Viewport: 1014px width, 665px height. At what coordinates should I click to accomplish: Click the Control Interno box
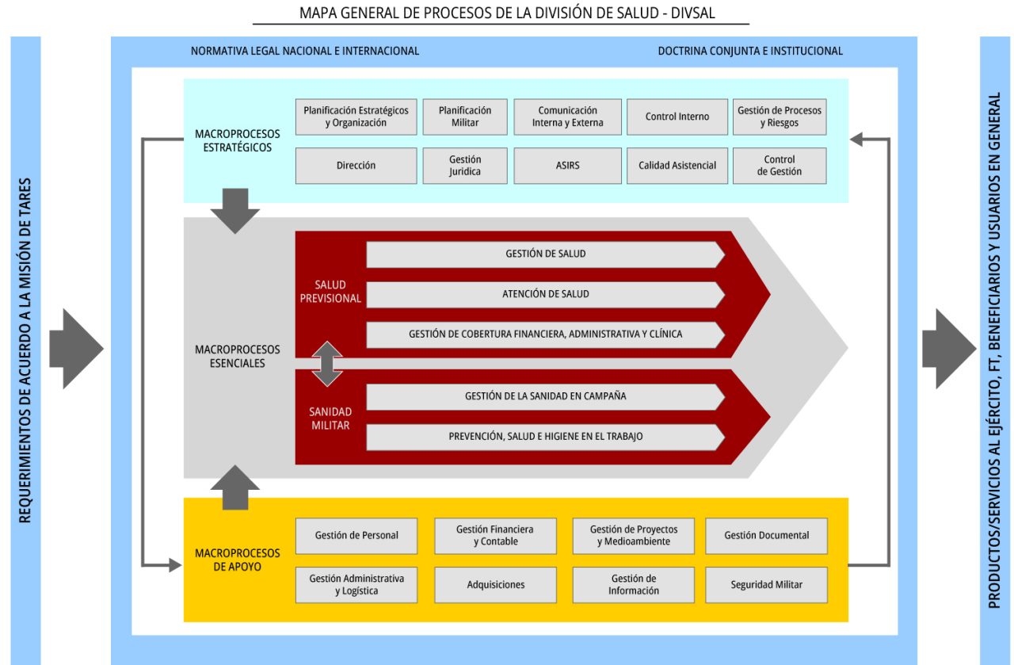[x=677, y=117]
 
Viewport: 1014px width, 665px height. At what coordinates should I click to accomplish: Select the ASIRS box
[x=567, y=166]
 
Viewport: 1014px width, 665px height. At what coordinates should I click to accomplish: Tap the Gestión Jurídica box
[x=464, y=166]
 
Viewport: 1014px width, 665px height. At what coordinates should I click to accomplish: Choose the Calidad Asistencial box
[x=677, y=166]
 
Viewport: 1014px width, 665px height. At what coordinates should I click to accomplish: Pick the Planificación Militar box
[x=464, y=117]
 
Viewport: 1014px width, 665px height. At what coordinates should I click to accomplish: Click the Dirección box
[x=356, y=166]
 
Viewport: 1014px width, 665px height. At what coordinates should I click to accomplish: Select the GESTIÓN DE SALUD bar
[x=545, y=254]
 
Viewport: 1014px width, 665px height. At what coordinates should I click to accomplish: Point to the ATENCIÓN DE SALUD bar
[x=545, y=294]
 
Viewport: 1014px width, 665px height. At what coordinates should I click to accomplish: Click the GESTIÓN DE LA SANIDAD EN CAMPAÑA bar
[x=545, y=396]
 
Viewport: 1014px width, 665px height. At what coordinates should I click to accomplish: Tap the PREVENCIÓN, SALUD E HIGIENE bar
[x=545, y=436]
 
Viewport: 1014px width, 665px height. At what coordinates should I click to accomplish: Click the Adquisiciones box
[x=496, y=585]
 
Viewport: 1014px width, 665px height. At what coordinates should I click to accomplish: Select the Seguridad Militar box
[x=766, y=585]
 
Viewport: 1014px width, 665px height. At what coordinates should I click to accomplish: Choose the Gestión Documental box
[x=766, y=536]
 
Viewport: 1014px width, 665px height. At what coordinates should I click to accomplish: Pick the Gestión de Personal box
[x=356, y=536]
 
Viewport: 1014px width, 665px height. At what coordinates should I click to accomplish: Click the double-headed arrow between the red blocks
[x=327, y=364]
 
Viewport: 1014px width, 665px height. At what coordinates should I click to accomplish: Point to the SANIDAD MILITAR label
[x=330, y=418]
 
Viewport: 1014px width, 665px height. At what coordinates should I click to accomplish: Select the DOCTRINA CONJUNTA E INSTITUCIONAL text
[x=750, y=51]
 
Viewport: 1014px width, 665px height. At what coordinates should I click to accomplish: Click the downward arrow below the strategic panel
[x=235, y=210]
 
